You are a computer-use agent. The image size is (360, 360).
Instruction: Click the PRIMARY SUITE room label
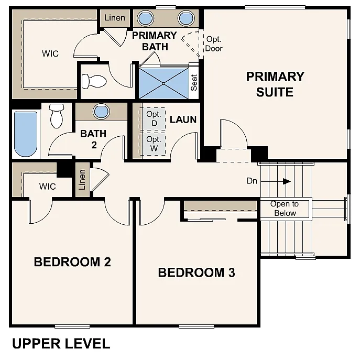point(275,84)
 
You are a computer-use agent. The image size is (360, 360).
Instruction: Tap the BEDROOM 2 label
point(72,261)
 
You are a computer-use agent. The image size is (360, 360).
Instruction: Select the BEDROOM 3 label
point(196,272)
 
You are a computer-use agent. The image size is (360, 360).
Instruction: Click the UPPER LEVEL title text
point(61,344)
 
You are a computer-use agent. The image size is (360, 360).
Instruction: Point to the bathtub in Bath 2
point(26,134)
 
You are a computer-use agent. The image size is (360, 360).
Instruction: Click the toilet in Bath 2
point(56,115)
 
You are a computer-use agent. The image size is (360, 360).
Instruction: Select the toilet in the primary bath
point(95,81)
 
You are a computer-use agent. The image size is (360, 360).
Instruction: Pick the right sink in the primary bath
point(186,19)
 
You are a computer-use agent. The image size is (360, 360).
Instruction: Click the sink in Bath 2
point(101,112)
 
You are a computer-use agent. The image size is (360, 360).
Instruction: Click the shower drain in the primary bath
point(162,82)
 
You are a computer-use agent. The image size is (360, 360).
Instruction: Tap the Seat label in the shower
point(194,82)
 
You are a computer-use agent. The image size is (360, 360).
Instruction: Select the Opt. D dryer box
point(154,118)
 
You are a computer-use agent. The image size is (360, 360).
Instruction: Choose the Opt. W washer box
point(154,144)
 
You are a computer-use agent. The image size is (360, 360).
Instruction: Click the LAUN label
point(183,119)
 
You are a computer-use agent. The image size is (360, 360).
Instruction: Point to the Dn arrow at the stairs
point(286,181)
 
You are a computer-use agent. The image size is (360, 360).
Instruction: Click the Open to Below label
point(285,209)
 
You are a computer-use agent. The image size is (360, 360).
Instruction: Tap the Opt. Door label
point(214,44)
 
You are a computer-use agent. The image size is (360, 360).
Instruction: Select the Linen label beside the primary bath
point(115,18)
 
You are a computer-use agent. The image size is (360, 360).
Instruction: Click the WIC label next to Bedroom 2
point(47,186)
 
